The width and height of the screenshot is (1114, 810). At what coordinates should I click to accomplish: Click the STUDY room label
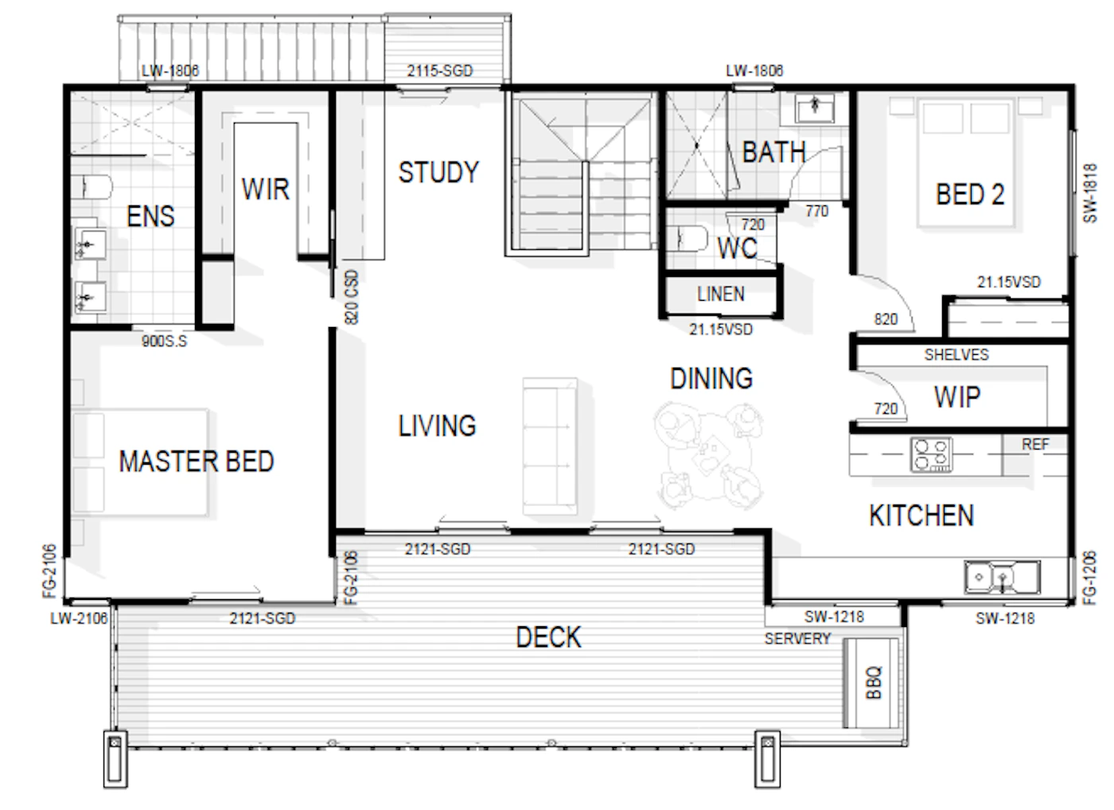point(438,172)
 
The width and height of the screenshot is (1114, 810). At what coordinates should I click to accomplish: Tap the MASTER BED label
point(197,461)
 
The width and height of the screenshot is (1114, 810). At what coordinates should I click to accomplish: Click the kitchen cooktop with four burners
point(931,454)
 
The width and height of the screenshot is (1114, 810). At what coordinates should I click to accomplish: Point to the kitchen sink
point(1002,577)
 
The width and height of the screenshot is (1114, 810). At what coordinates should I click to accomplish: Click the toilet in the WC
point(693,239)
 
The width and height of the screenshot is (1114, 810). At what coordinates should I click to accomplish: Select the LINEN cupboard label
point(721,294)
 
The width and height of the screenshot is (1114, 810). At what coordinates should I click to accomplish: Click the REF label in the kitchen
point(1036,444)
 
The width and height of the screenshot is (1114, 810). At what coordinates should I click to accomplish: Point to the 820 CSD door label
point(351,298)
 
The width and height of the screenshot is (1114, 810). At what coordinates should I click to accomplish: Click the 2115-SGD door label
point(439,71)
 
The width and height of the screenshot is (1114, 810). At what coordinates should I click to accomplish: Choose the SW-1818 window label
point(1089,193)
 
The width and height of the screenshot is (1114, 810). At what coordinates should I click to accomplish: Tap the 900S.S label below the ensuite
point(164,341)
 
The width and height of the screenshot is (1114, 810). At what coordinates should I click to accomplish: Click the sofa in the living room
point(550,446)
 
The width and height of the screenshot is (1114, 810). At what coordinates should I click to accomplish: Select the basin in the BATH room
point(815,108)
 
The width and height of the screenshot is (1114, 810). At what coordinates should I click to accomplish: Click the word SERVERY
point(797,638)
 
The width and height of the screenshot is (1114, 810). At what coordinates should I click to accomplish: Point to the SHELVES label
point(956,355)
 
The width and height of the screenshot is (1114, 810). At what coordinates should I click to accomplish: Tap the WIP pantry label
point(957,396)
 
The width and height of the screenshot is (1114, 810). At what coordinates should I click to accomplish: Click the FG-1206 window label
point(1089,578)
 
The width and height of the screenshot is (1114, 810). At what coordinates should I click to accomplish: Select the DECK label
point(548,637)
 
